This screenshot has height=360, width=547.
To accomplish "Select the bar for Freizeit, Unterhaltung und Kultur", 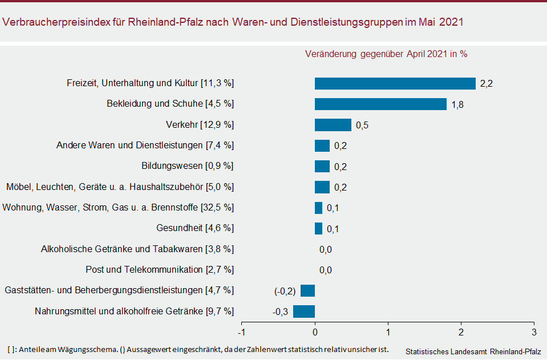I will point(395,84).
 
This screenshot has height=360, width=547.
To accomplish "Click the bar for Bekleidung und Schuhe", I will point(380,104).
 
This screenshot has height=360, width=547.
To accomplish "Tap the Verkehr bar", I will point(333,125).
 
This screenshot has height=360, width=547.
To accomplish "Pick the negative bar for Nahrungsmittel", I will point(304,312).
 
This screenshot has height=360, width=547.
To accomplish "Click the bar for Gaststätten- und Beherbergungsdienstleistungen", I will point(307,290).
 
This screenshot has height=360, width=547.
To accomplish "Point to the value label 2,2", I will point(486,84).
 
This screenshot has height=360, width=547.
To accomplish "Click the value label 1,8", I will point(457,104).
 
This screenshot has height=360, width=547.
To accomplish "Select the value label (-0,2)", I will point(285,291).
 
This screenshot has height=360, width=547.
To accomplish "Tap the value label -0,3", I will point(280,312).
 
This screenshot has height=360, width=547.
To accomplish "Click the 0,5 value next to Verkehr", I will point(362,126).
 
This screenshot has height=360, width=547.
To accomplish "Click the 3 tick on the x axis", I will point(534,332).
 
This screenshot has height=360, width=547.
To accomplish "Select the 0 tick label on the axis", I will point(315,332).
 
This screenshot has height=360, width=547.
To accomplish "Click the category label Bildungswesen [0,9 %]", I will point(188,166).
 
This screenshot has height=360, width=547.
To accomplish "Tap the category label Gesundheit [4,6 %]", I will point(195,228).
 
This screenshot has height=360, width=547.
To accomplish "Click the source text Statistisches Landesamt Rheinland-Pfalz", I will point(473,351).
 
